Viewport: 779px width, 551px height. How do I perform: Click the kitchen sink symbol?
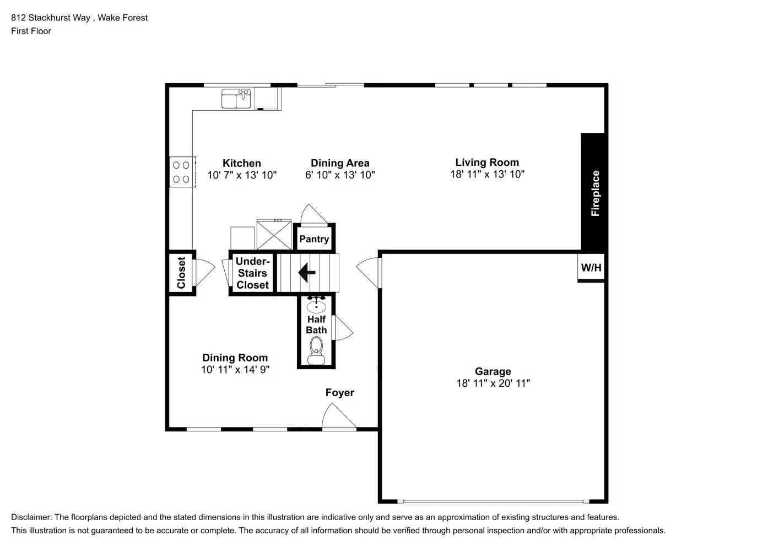(236, 99)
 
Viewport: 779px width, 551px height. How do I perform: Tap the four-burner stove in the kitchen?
(181, 172)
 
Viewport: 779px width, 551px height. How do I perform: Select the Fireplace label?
(595, 193)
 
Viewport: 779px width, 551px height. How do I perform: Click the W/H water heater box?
(591, 268)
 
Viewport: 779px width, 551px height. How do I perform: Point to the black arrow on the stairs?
(306, 272)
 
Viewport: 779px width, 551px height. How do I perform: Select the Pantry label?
(314, 239)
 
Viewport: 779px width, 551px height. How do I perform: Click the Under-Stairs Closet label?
(252, 273)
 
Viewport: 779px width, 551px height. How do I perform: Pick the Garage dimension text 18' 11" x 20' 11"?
(493, 383)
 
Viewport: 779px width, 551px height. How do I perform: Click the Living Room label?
(487, 163)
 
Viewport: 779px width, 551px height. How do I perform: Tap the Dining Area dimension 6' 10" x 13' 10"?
(340, 175)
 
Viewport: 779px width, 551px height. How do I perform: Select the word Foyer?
(339, 393)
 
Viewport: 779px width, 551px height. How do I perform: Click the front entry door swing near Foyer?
(338, 417)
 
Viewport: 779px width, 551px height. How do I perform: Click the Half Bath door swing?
(343, 328)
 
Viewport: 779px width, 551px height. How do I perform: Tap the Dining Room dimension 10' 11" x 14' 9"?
(235, 370)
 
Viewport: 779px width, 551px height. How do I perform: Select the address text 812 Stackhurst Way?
(51, 18)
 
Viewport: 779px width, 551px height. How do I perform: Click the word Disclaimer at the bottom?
(31, 517)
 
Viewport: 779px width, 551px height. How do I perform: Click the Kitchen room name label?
(241, 163)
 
